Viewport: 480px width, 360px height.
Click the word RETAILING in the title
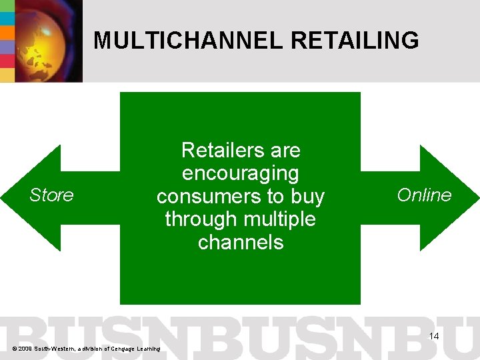(355, 41)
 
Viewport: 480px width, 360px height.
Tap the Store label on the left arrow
(51, 195)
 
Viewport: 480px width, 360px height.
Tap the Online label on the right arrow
(424, 195)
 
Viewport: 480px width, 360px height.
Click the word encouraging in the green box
(240, 173)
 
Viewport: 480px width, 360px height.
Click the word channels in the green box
(240, 242)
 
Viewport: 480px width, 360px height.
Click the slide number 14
(434, 336)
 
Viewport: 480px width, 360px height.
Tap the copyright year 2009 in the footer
(27, 349)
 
